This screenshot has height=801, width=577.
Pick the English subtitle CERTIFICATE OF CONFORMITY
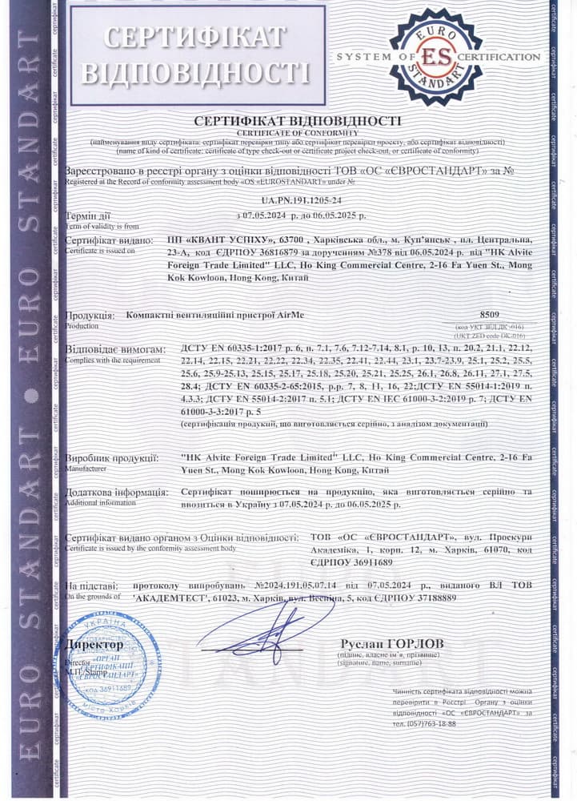click(x=297, y=132)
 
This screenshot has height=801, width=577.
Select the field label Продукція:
click(x=92, y=316)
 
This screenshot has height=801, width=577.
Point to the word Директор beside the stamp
click(x=94, y=644)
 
